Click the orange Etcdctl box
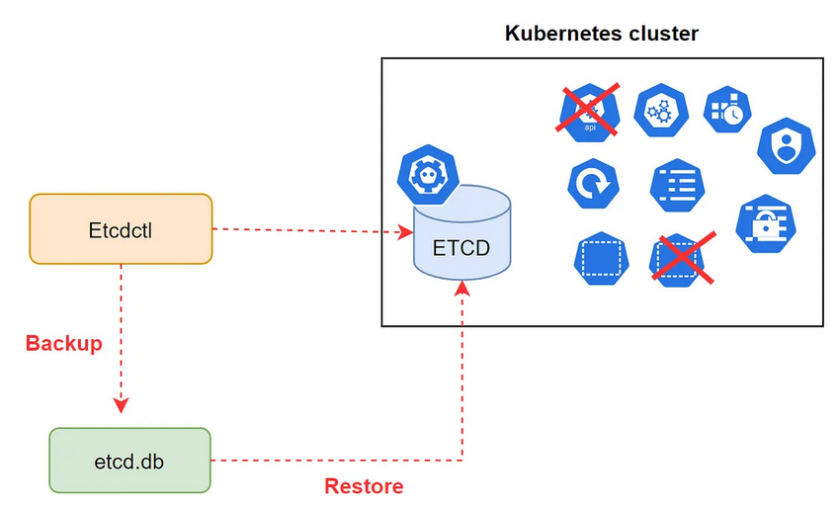pos(121,229)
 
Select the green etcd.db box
pos(130,460)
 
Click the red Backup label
pos(63,343)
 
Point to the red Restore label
pos(364,485)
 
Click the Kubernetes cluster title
pos(602,34)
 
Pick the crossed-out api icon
pos(589,113)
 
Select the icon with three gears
pos(661,111)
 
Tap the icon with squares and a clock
pos(727,110)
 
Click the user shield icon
pos(786,145)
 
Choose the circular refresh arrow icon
pos(593,184)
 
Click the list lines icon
pos(677,185)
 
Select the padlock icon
pos(766,223)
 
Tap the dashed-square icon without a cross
pos(602,258)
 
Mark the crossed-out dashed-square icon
pos(681,259)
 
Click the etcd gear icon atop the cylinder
pos(428,174)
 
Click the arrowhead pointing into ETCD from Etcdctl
pos(405,232)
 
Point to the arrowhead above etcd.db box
pos(121,405)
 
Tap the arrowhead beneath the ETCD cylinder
pos(461,289)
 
